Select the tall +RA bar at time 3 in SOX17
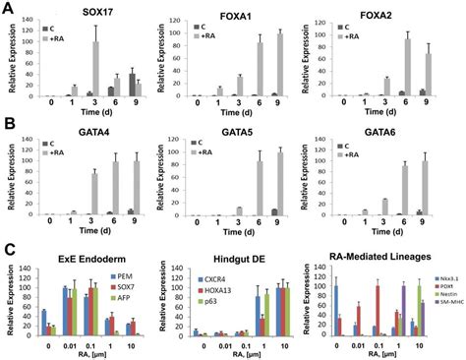(x=97, y=69)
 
